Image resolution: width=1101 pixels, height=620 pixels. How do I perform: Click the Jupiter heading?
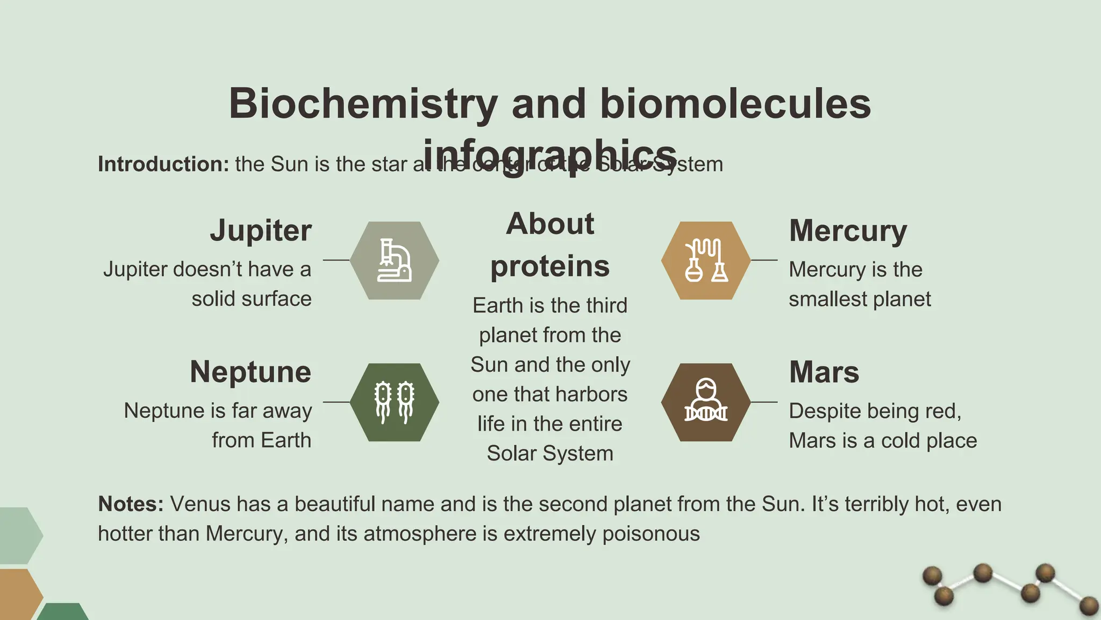click(261, 231)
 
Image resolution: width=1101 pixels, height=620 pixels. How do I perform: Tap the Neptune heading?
click(251, 372)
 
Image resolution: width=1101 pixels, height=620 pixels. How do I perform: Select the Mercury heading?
click(848, 231)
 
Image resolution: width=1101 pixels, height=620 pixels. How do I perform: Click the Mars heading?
click(824, 372)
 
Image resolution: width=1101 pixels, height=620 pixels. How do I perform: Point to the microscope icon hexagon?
click(395, 260)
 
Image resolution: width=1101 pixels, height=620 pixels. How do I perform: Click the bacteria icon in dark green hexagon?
click(395, 402)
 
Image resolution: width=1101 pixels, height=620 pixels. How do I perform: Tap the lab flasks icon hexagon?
click(706, 260)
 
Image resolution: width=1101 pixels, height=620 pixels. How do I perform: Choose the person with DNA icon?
click(706, 402)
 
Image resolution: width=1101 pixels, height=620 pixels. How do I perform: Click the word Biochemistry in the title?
click(363, 103)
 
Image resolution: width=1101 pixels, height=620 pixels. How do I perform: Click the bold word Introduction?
click(163, 164)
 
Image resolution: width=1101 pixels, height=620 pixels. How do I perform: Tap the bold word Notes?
click(131, 504)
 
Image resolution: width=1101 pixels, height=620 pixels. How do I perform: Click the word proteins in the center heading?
click(550, 266)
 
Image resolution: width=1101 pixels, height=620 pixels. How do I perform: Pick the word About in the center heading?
click(550, 224)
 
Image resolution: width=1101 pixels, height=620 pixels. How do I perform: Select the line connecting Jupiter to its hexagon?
click(336, 260)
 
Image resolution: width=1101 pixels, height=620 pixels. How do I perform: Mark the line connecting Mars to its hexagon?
click(764, 402)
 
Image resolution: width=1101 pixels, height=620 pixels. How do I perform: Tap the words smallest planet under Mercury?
click(860, 299)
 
